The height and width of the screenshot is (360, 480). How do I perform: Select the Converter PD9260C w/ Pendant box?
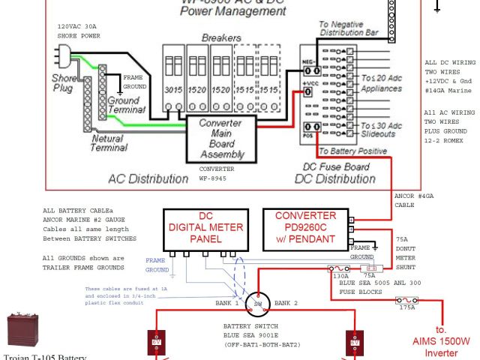pyautogui.click(x=305, y=228)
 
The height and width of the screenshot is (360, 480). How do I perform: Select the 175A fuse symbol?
pyautogui.click(x=407, y=301)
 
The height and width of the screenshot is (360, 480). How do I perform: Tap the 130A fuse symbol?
pyautogui.click(x=340, y=268)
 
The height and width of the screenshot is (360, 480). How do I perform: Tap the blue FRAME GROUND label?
pyautogui.click(x=157, y=265)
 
